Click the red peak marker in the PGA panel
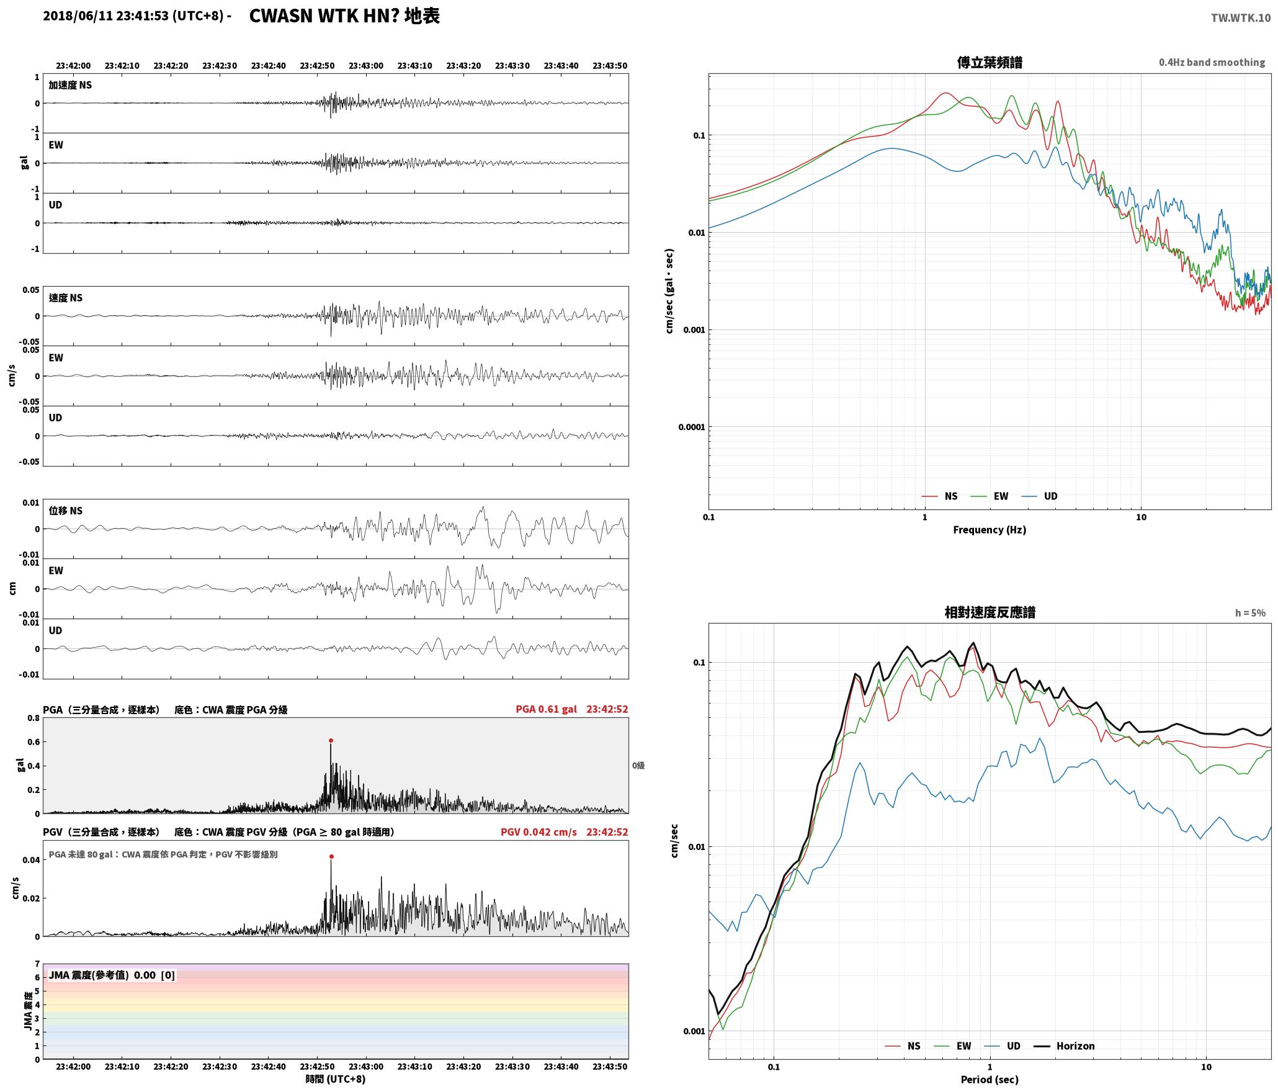click(331, 740)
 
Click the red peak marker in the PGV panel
click(331, 856)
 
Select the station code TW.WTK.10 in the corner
click(1241, 18)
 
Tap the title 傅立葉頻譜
click(990, 63)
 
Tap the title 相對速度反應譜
click(990, 612)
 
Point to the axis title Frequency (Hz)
click(990, 530)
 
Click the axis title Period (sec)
click(990, 1080)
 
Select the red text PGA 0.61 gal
click(546, 709)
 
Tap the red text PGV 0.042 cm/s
click(538, 832)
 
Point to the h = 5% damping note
click(1250, 613)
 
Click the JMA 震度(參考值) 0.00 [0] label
click(112, 975)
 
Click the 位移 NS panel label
click(66, 511)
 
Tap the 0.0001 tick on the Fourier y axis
click(689, 427)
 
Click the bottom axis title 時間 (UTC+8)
click(336, 1080)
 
